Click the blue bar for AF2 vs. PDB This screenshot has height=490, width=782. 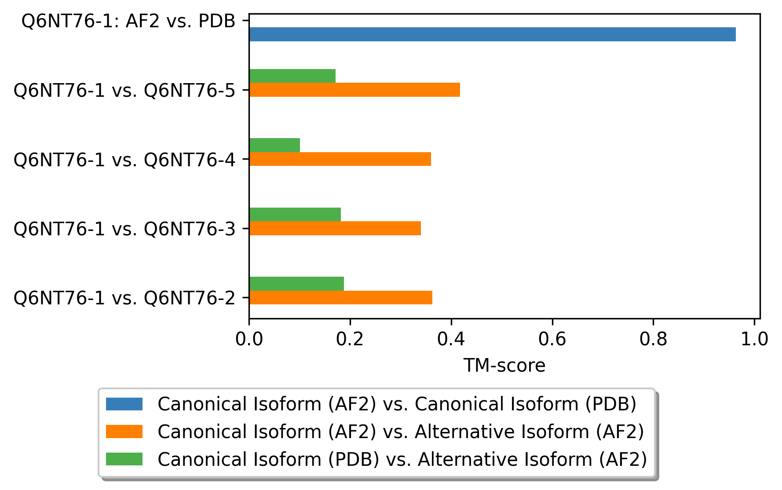493,34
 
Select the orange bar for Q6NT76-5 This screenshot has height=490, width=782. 354,90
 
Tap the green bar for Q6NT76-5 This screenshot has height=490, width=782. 292,76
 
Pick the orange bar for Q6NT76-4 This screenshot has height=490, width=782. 340,159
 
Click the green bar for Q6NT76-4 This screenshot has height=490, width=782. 274,145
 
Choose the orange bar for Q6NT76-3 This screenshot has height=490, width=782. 335,228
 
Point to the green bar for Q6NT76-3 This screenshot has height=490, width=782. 295,215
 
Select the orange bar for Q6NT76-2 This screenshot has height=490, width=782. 341,297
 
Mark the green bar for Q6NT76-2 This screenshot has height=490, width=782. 296,284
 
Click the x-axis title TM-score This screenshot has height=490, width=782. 504,366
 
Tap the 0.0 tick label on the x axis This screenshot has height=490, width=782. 249,339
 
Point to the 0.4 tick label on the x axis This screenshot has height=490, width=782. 451,339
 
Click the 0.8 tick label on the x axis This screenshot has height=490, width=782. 654,339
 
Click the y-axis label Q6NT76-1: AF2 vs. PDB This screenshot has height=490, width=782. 128,21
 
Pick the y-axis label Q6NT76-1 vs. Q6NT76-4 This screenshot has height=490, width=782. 125,160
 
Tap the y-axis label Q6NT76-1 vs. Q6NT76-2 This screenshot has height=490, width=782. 125,298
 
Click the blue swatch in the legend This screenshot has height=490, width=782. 124,404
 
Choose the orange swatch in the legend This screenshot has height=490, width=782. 124,431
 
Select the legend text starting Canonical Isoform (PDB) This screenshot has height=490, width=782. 402,460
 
